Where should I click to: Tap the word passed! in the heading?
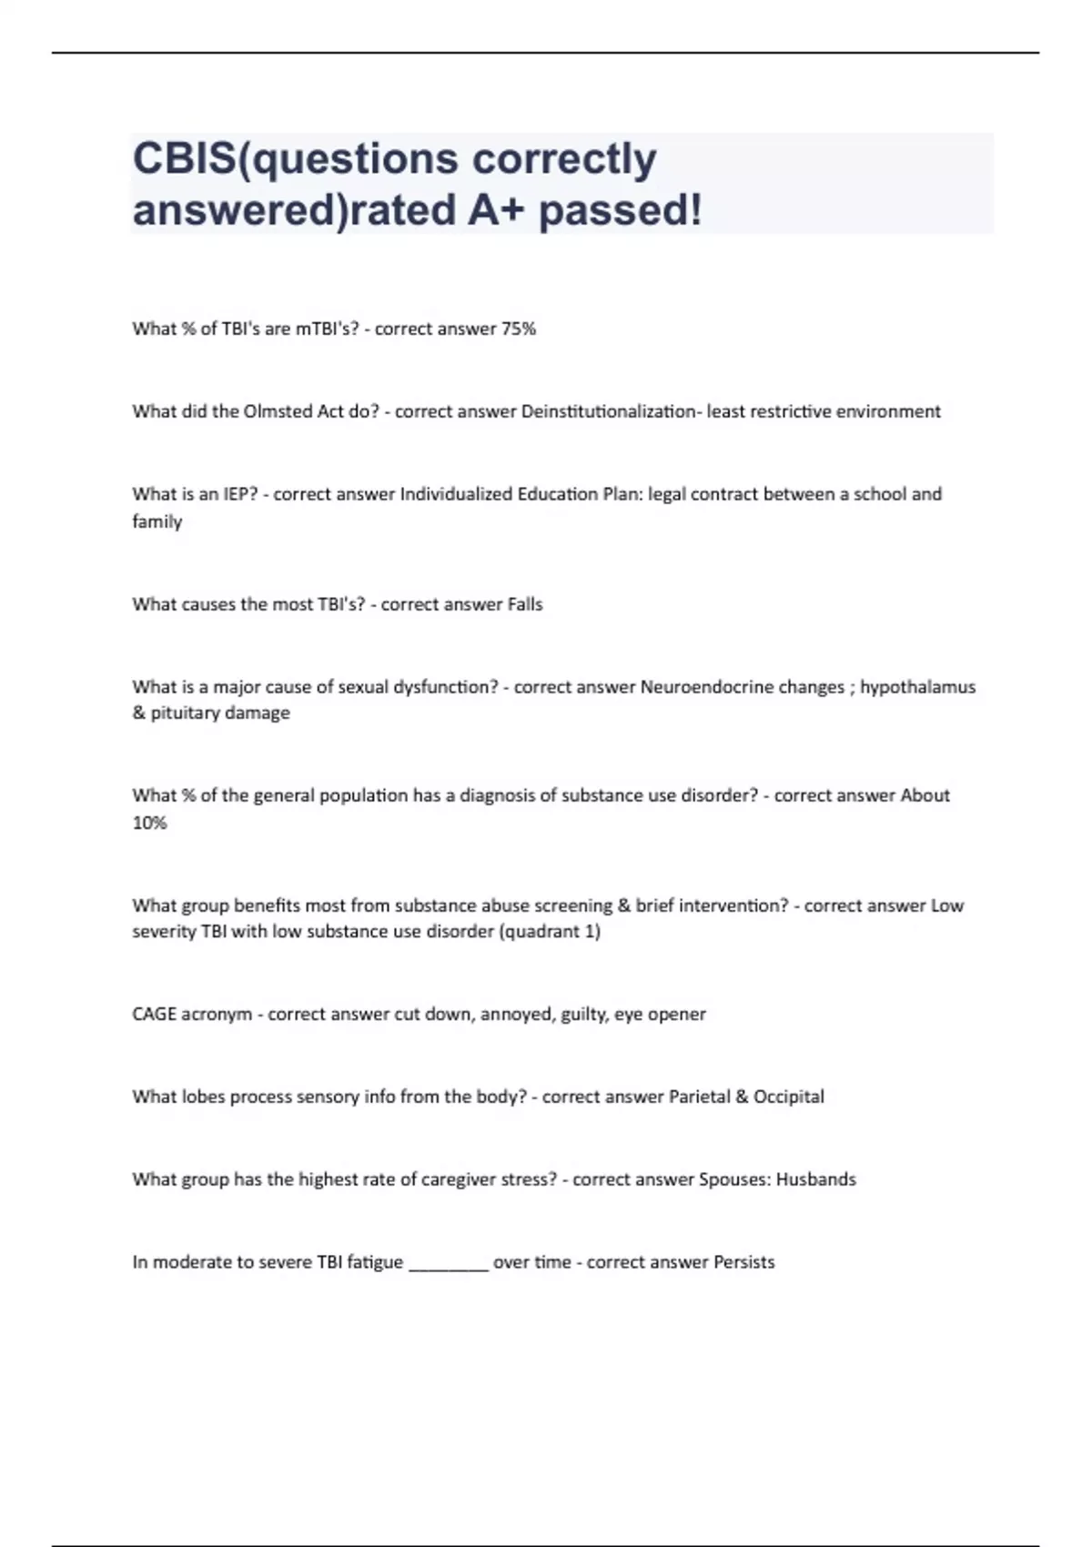click(621, 211)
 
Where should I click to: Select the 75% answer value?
click(519, 329)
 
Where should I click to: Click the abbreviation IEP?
click(240, 494)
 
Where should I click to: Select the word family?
click(157, 521)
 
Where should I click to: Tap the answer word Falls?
click(524, 604)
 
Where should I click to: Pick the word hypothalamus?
click(917, 687)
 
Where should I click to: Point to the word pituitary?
click(183, 713)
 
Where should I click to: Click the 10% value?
click(149, 823)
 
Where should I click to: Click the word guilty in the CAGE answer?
click(582, 1014)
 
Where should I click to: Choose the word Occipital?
click(788, 1097)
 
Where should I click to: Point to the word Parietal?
click(699, 1097)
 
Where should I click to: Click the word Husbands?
click(815, 1179)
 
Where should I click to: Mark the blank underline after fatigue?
click(449, 1265)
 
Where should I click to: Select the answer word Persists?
click(743, 1262)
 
